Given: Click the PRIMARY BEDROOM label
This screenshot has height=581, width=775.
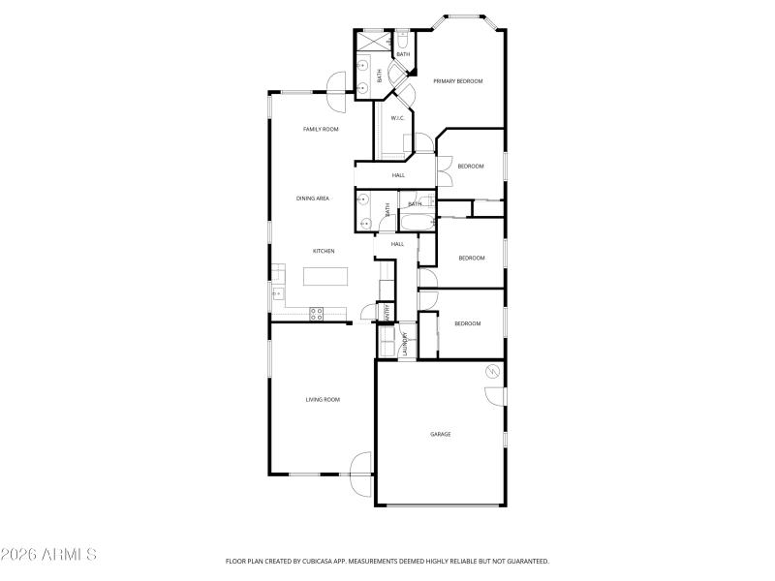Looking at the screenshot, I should click(x=457, y=81).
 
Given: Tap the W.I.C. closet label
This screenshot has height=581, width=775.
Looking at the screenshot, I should click(x=397, y=118).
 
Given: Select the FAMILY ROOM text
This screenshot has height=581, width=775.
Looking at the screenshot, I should click(x=320, y=129).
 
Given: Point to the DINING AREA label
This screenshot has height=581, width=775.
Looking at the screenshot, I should click(x=313, y=199).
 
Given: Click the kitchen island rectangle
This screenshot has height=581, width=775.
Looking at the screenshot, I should click(x=325, y=277).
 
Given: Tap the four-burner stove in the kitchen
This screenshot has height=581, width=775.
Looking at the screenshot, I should click(x=316, y=312).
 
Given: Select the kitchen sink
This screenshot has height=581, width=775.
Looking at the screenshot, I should click(x=277, y=292).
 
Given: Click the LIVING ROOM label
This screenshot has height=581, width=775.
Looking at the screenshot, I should click(x=323, y=399).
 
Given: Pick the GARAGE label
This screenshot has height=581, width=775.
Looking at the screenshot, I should click(x=441, y=434).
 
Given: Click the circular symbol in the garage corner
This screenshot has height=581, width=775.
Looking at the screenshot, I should click(x=492, y=371).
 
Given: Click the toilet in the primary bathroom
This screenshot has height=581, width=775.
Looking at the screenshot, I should click(x=402, y=41).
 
